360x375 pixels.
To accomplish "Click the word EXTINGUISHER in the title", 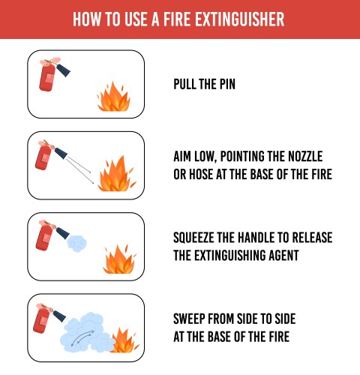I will click(x=239, y=19).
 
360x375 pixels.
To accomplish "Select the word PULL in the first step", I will click(x=187, y=84).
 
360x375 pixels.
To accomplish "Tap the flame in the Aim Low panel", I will click(x=115, y=175).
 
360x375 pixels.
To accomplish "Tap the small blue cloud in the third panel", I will click(x=77, y=241).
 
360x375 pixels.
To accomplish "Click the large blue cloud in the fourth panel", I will click(x=86, y=331).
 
